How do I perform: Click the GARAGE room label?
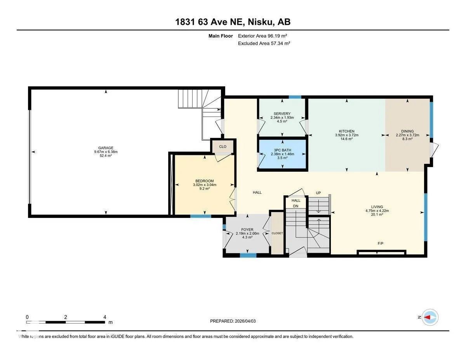click(x=106, y=148)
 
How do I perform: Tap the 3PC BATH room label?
click(x=282, y=150)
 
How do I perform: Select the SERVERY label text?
click(x=282, y=114)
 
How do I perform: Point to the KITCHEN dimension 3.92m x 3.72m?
click(x=347, y=135)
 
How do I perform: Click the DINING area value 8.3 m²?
click(x=407, y=139)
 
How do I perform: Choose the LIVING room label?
click(x=377, y=207)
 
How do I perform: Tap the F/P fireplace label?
click(x=381, y=243)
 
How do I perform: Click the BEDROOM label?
click(x=204, y=181)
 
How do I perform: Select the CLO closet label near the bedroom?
click(x=223, y=147)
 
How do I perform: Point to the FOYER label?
click(x=247, y=230)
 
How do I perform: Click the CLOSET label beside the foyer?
click(x=277, y=233)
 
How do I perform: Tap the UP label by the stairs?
click(x=318, y=193)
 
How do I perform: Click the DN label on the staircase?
click(x=296, y=206)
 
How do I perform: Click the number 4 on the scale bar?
click(x=104, y=317)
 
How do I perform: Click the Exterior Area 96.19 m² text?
click(x=263, y=36)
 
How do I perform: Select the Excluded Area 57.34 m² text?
click(x=264, y=43)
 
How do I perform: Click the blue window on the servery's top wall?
click(x=295, y=97)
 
